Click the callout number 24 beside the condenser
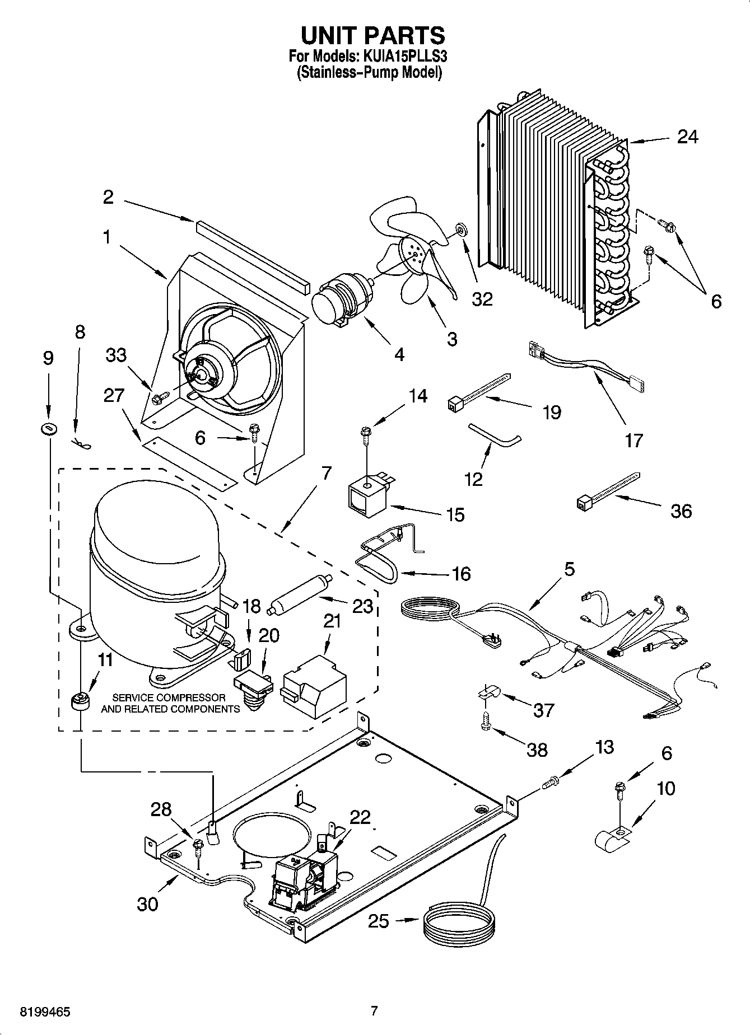pyautogui.click(x=687, y=137)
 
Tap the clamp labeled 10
pyautogui.click(x=612, y=837)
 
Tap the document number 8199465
pyautogui.click(x=45, y=1011)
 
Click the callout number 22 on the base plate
pyautogui.click(x=361, y=817)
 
